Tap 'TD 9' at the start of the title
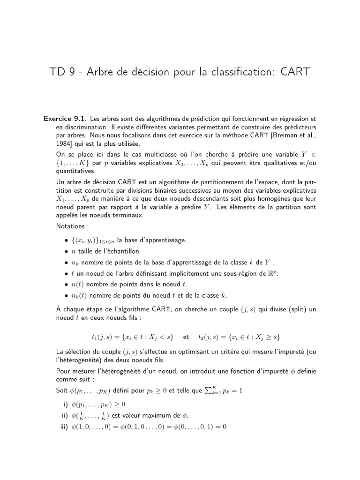62,73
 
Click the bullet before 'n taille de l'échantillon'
67,251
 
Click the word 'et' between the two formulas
186,337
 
